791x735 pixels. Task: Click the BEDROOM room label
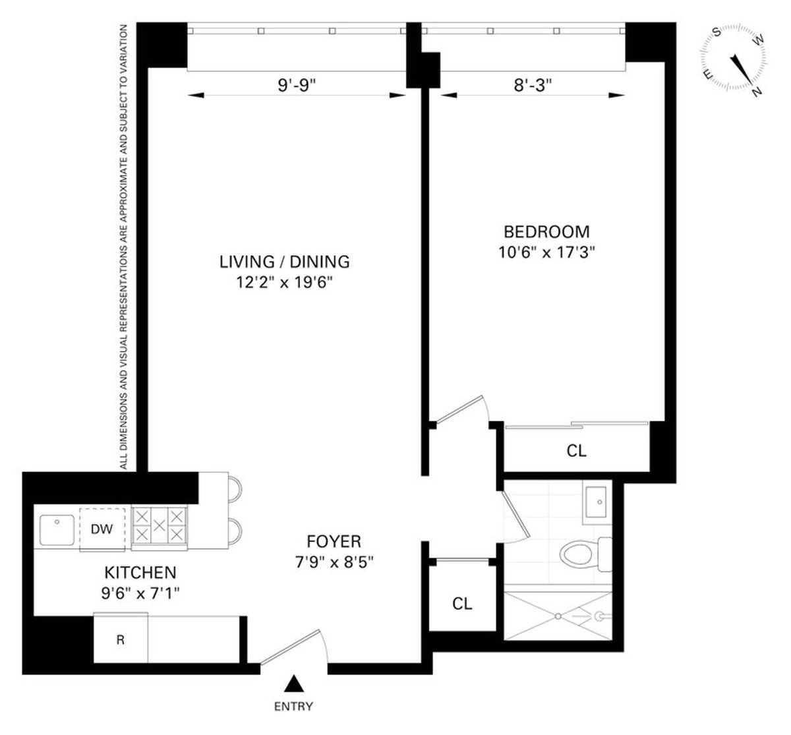[546, 232]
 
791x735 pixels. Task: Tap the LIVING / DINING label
[284, 262]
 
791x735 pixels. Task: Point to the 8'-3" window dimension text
[533, 84]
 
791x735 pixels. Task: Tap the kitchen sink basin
[57, 530]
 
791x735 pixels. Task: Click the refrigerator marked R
[120, 639]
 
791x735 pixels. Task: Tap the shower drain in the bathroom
[558, 616]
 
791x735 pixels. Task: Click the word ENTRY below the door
[293, 707]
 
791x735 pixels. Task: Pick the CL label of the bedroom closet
[576, 452]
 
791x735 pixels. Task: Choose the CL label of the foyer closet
[462, 604]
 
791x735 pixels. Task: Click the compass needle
[740, 69]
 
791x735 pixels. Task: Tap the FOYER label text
[334, 542]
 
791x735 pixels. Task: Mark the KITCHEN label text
[140, 572]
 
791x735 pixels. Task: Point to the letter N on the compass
[756, 92]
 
